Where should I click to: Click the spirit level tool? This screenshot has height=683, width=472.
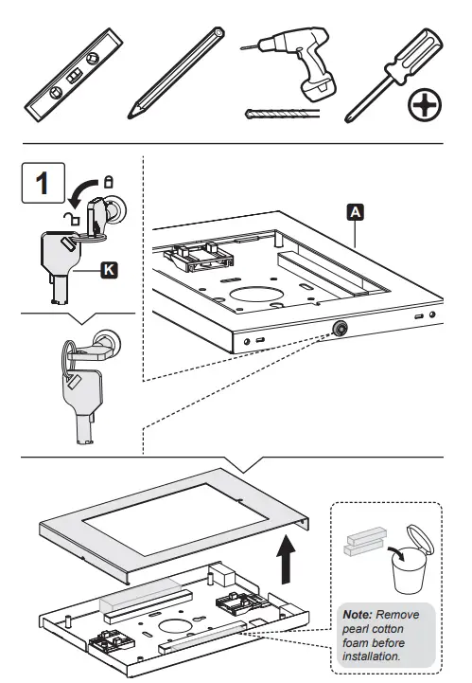74,81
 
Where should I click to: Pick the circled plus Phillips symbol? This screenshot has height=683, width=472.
423,108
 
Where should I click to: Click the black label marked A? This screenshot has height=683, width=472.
356,213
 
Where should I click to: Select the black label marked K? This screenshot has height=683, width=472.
108,272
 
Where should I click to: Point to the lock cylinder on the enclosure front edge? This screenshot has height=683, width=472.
337,328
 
